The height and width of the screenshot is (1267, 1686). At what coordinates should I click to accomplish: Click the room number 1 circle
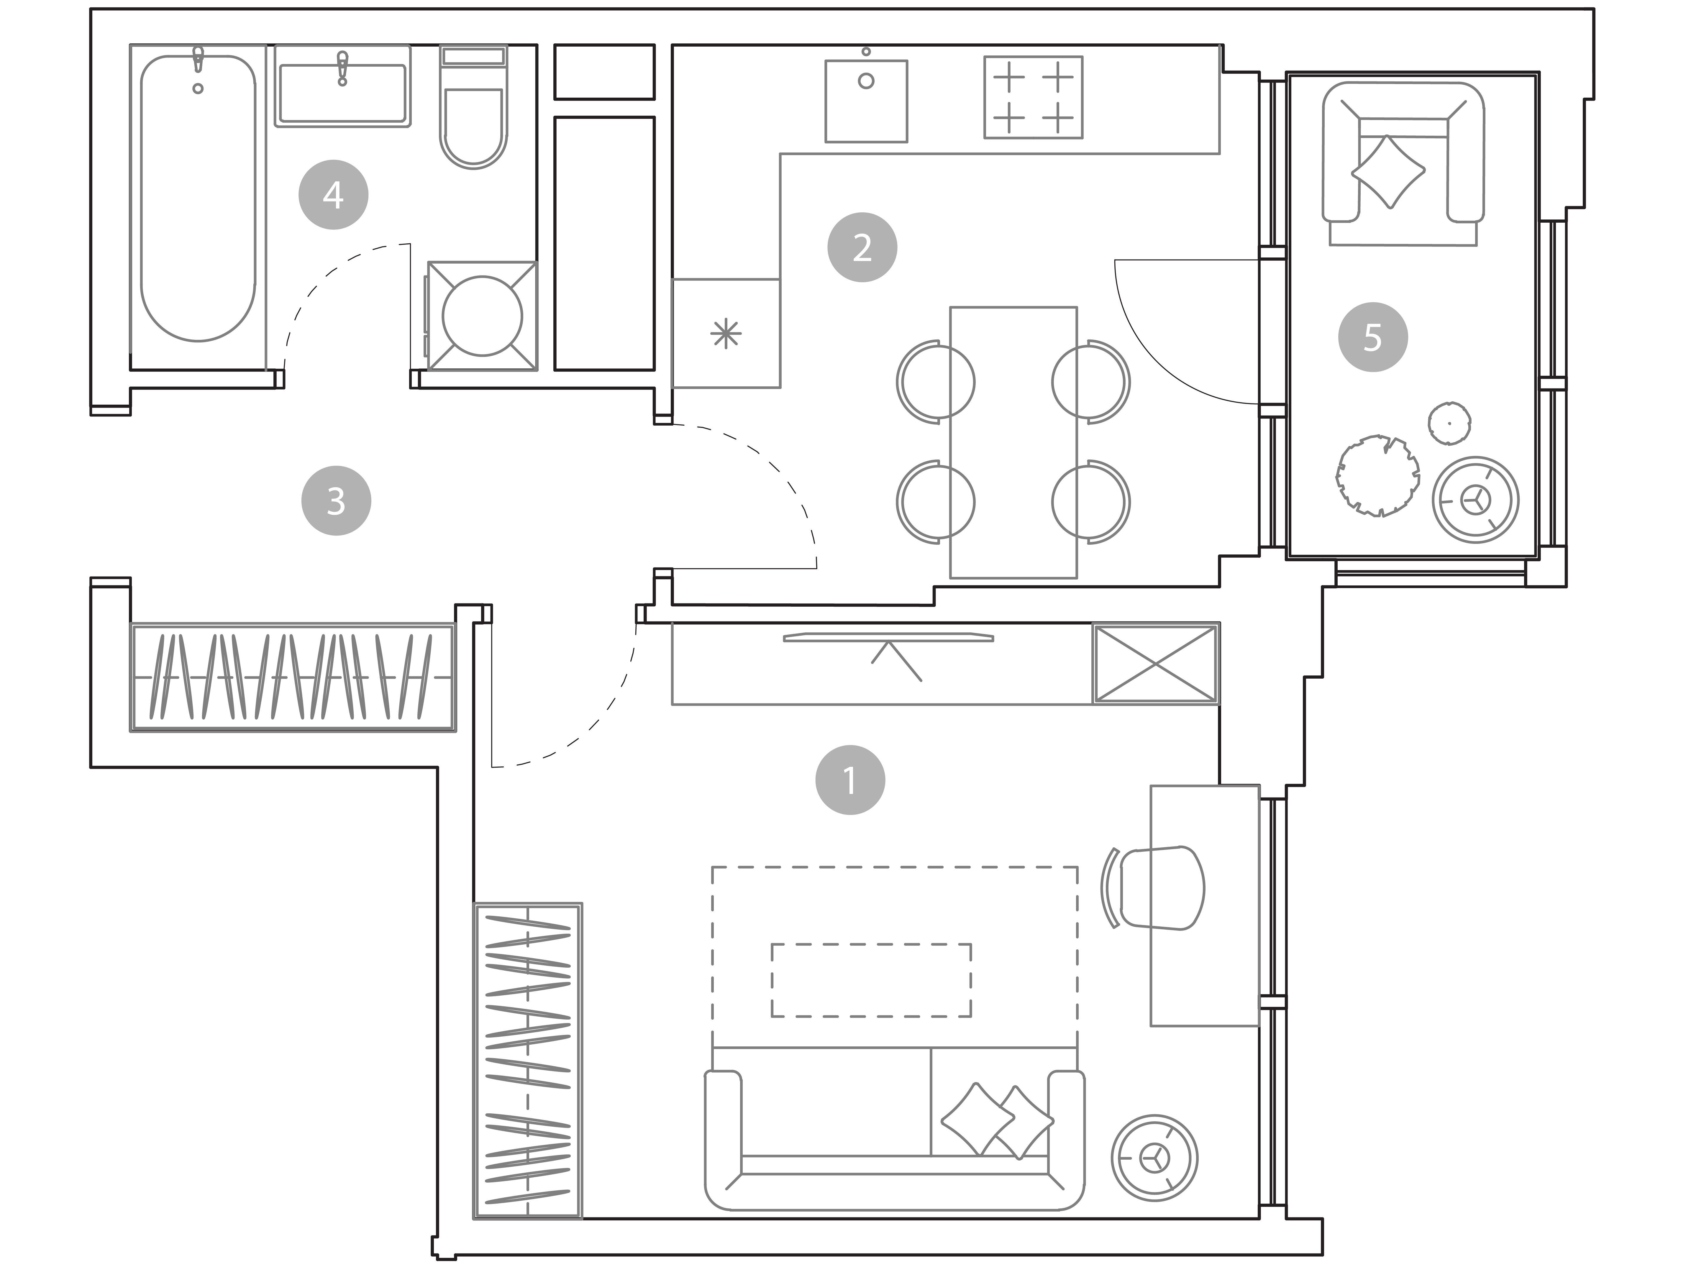point(850,780)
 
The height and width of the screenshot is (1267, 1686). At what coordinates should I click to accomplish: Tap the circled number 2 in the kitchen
point(862,247)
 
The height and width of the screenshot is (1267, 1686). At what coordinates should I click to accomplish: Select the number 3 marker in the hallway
point(336,501)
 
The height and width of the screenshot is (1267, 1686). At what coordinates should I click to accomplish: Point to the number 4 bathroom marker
point(333,194)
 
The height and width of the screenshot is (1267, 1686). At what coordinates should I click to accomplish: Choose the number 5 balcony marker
point(1373,337)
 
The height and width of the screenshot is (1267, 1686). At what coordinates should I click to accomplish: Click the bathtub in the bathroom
point(198,198)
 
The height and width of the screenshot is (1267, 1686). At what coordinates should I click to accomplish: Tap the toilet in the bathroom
point(473,107)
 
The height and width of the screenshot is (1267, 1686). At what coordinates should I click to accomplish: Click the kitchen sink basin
point(866,101)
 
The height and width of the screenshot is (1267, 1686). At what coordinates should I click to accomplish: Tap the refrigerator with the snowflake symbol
point(726,333)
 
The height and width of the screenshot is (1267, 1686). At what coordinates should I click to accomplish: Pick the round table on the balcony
point(1476,500)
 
